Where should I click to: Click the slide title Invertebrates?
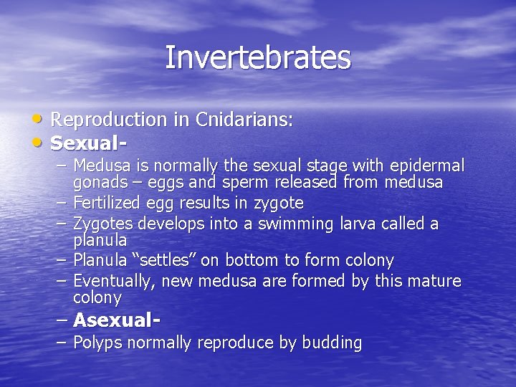258,58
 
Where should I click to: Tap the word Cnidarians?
242,120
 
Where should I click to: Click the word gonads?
98,183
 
